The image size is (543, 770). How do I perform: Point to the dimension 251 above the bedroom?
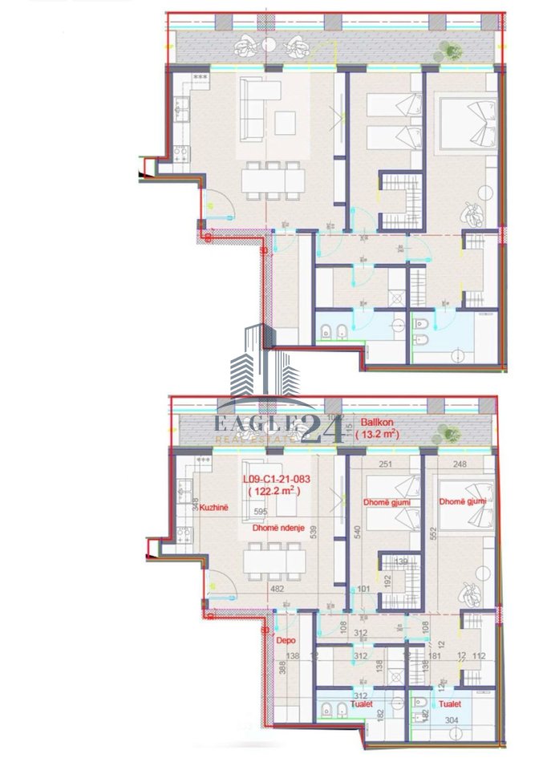(385, 464)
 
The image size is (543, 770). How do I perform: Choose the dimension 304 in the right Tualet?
(452, 720)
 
